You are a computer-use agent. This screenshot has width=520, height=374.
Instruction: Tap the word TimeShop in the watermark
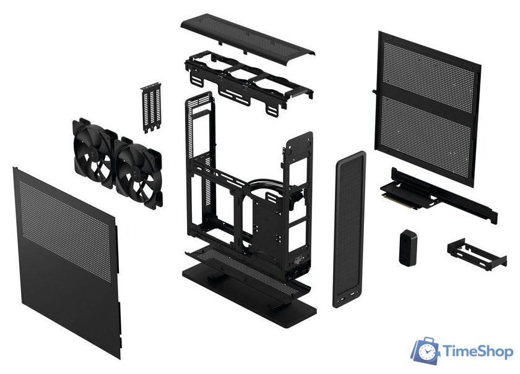pyautogui.click(x=477, y=352)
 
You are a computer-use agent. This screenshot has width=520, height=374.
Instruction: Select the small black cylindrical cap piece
pyautogui.click(x=407, y=247)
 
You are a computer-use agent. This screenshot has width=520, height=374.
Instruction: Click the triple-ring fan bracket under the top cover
pyautogui.click(x=248, y=77)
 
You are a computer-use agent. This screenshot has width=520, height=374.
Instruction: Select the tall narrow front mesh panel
pyautogui.click(x=349, y=229)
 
